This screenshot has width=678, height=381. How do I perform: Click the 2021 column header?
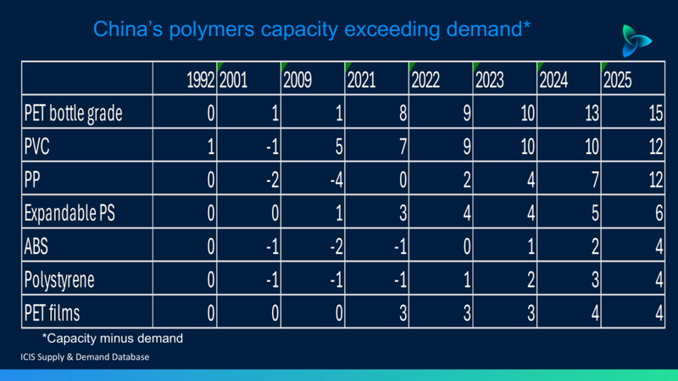point(362,80)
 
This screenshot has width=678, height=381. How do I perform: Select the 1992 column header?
point(201,80)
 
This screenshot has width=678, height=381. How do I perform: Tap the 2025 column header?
point(618,80)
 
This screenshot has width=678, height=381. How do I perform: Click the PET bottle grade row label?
point(73,113)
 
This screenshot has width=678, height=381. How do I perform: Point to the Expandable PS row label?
point(69,213)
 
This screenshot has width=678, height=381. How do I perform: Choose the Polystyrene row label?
point(59,279)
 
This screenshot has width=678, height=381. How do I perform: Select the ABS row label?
point(36,246)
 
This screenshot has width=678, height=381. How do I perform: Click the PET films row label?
point(52,312)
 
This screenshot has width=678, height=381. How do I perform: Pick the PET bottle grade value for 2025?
point(656,113)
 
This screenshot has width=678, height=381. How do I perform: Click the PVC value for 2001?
point(272,146)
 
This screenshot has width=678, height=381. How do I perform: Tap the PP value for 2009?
point(336,179)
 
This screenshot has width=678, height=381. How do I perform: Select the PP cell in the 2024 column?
point(595,179)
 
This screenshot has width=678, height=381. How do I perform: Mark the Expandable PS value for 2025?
point(659,213)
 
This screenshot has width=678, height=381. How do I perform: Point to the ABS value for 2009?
point(336,246)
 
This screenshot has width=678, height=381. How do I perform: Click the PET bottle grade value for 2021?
point(403,113)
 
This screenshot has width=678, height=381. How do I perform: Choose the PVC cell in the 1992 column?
point(211,146)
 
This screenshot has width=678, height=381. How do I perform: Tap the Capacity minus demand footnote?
point(113,338)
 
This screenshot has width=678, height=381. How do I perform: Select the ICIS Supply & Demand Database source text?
point(85,356)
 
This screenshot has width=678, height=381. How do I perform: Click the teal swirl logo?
point(635,41)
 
